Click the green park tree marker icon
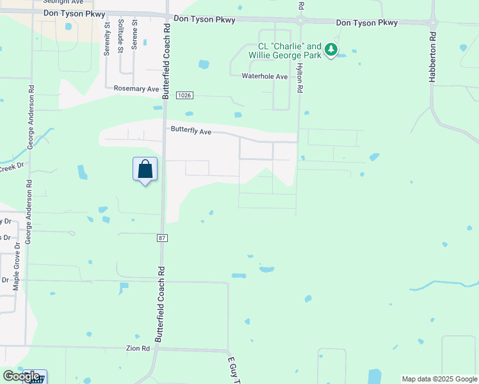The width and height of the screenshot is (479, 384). coord(330,49)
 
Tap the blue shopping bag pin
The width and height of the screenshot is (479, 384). coord(145,170)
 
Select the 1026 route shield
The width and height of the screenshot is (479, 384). coord(182,95)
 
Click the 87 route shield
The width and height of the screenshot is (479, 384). coord(162,238)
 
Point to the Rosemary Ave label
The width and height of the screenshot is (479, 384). coord(136,89)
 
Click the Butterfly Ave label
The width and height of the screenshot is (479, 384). coord(191,131)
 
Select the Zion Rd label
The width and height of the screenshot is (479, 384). coord(138,348)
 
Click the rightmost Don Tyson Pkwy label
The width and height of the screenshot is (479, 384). coord(367,23)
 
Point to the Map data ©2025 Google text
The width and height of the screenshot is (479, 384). coord(439,379)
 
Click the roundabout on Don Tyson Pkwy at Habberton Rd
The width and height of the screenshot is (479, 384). coord(434,24)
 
